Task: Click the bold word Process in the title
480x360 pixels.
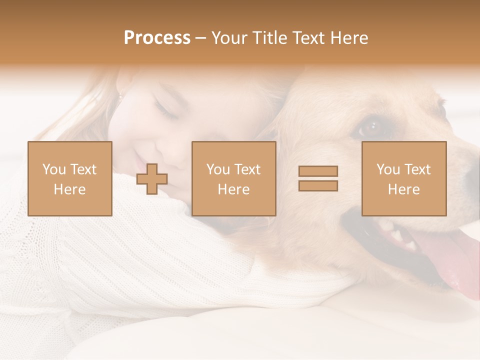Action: point(157,38)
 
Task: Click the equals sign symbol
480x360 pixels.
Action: point(318,178)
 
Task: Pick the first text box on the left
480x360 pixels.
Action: point(70,178)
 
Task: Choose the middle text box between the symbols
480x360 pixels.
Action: point(233,178)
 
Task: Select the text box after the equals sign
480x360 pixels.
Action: point(404,178)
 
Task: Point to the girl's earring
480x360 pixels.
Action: point(119,94)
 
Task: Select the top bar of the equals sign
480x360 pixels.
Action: point(318,171)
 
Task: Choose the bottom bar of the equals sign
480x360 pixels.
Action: point(318,186)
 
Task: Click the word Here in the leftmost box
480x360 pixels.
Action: point(70,189)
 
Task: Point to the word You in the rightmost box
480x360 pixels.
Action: point(387,169)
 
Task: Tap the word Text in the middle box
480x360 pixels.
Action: point(247,169)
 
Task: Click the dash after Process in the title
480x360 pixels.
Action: point(201,38)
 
